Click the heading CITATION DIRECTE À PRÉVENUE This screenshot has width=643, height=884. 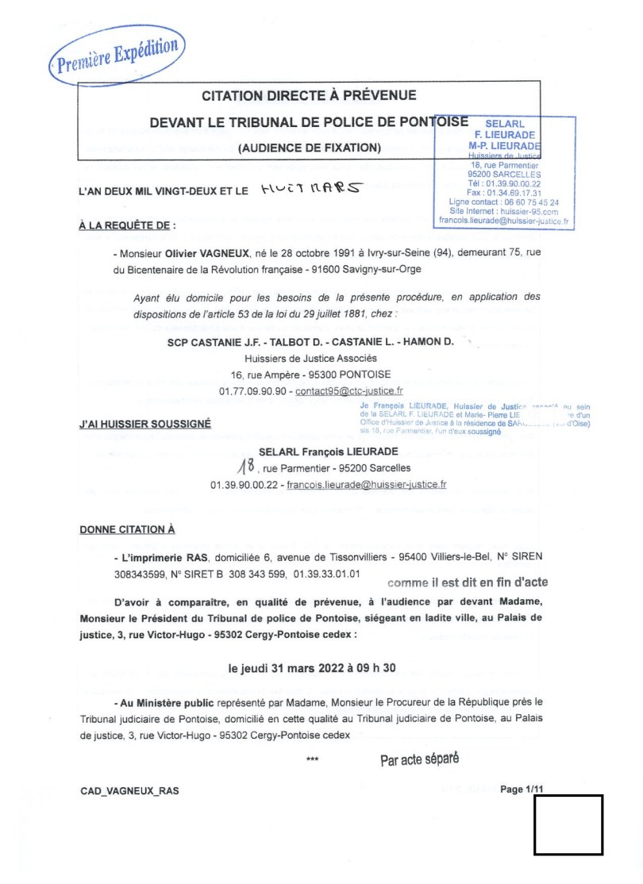tap(309, 96)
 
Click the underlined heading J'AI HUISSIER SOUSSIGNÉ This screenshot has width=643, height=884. tap(145, 425)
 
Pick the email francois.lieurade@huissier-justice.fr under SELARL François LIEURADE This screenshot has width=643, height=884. tap(366, 484)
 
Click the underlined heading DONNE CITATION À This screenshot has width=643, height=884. tap(128, 529)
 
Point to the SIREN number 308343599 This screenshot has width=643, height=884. tap(139, 573)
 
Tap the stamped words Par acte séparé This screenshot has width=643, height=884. tap(420, 759)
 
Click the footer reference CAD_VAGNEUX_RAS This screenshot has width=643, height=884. tap(130, 791)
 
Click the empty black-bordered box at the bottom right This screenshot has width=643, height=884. tap(568, 824)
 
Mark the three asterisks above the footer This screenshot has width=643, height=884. tap(312, 760)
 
